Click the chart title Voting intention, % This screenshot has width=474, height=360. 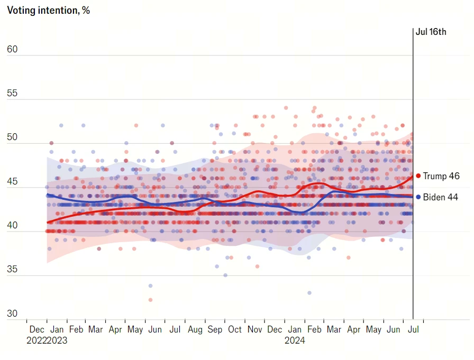pos(48,11)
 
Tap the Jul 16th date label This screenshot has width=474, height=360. pos(431,32)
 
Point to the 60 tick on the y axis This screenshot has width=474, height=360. pos(12,50)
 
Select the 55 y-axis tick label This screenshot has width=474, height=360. pos(12,94)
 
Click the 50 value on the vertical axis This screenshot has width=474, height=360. pos(12,137)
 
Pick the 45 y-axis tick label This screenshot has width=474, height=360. pos(12,182)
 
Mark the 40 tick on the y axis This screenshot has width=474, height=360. pos(12,226)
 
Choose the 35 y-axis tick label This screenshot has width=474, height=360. pos(12,270)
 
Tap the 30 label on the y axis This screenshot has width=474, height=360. pos(12,313)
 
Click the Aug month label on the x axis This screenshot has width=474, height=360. pos(195,329)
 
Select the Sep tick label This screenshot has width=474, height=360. pos(215,329)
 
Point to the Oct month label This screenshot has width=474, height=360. pos(235,329)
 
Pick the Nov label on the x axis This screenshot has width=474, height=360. pos(255,329)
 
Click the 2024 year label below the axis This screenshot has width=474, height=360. pos(295,341)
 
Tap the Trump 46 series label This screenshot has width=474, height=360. pos(441,176)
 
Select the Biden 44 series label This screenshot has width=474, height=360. pos(440,197)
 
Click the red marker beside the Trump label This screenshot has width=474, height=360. pos(418,176)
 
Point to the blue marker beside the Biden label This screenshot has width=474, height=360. pos(418,197)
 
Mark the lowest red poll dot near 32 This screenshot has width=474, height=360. pos(150,300)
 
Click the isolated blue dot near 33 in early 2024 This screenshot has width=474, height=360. pos(309,292)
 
